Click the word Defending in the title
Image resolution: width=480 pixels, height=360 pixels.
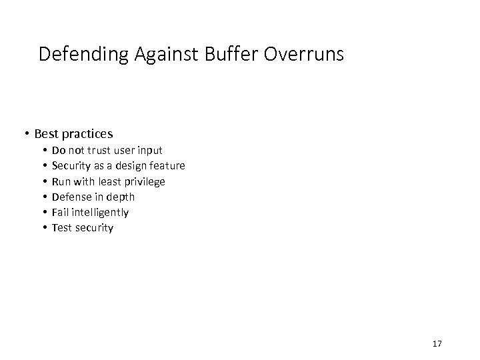click(x=78, y=55)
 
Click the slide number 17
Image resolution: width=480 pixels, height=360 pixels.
click(x=437, y=343)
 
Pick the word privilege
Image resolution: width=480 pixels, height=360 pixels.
click(x=144, y=181)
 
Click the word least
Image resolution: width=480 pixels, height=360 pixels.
click(x=109, y=181)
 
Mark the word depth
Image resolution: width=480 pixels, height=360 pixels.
click(x=121, y=197)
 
